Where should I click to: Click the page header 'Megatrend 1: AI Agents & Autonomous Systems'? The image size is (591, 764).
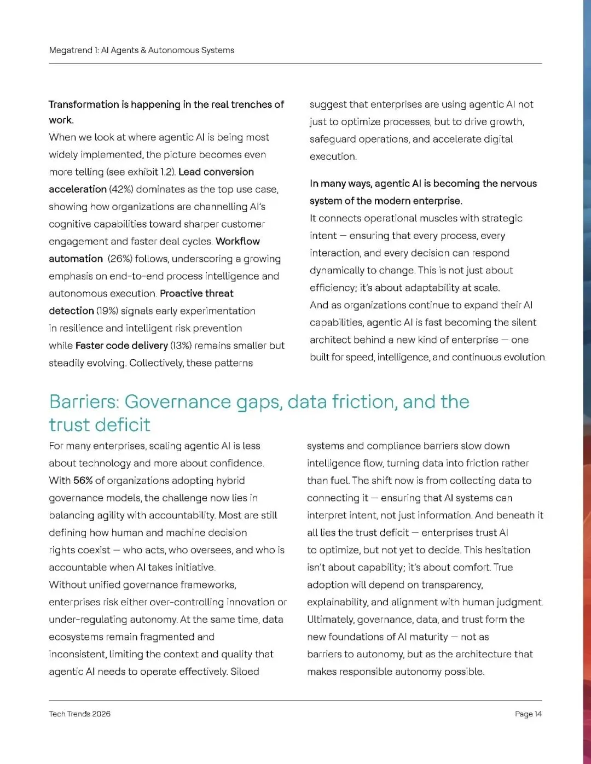click(141, 50)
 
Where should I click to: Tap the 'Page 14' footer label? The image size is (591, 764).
click(528, 714)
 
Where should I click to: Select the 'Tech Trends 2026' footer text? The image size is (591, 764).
click(79, 714)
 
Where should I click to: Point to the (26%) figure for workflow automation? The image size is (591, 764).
click(120, 259)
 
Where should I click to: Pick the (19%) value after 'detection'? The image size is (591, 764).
click(107, 311)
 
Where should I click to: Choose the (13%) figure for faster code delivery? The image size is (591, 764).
click(181, 346)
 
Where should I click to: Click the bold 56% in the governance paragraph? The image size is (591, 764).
click(83, 481)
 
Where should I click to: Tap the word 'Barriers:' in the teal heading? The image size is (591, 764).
click(84, 402)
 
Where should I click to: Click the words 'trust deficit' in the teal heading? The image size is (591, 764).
click(100, 425)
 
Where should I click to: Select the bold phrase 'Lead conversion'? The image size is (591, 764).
click(216, 172)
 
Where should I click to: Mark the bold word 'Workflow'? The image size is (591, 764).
click(237, 241)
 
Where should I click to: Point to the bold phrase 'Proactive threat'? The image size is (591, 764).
click(196, 294)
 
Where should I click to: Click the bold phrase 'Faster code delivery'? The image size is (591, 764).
click(121, 346)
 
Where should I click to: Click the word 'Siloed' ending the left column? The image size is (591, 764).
click(245, 672)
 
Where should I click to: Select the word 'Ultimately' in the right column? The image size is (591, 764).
click(331, 620)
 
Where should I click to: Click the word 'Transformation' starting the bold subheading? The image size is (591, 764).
click(84, 104)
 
